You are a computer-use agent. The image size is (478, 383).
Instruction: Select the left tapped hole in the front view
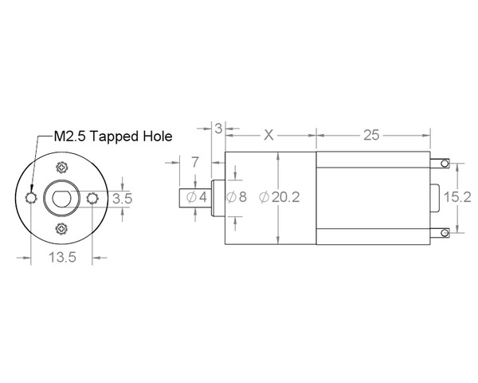(31, 197)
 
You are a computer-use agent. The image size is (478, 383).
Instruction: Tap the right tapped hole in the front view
(92, 197)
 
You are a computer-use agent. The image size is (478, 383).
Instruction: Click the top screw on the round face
(62, 167)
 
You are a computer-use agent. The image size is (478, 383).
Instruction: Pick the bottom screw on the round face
(62, 228)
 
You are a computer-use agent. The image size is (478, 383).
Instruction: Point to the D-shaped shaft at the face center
(62, 197)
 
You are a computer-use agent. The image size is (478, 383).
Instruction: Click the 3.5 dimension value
(122, 198)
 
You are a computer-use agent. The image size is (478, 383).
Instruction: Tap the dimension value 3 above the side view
(219, 128)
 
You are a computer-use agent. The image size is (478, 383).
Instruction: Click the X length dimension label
(268, 135)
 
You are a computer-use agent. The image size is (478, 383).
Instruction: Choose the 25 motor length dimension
(371, 135)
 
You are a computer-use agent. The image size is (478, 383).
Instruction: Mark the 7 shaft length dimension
(195, 162)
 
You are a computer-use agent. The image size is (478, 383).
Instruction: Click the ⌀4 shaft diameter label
(198, 197)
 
